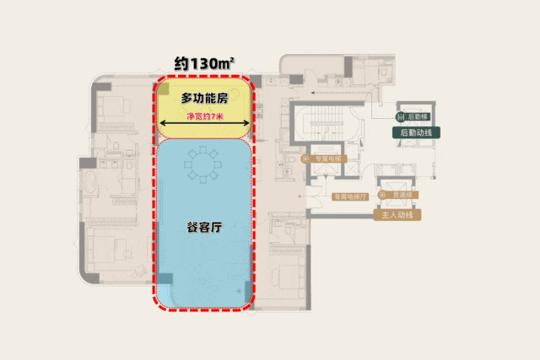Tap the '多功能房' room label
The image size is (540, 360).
point(204,99)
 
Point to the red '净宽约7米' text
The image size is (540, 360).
point(204,116)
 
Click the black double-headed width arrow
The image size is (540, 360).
point(203,128)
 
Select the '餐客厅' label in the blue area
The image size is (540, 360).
point(203,227)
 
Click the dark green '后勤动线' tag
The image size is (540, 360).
point(415,133)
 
